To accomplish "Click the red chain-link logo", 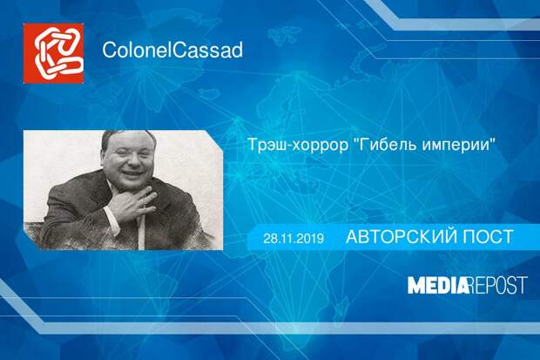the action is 53,53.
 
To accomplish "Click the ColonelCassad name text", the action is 172,50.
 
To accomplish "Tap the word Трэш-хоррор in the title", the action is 298,145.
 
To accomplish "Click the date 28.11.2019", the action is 294,238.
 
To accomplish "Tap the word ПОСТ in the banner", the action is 488,237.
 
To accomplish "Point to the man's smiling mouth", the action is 132,173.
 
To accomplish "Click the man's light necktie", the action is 141,230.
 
